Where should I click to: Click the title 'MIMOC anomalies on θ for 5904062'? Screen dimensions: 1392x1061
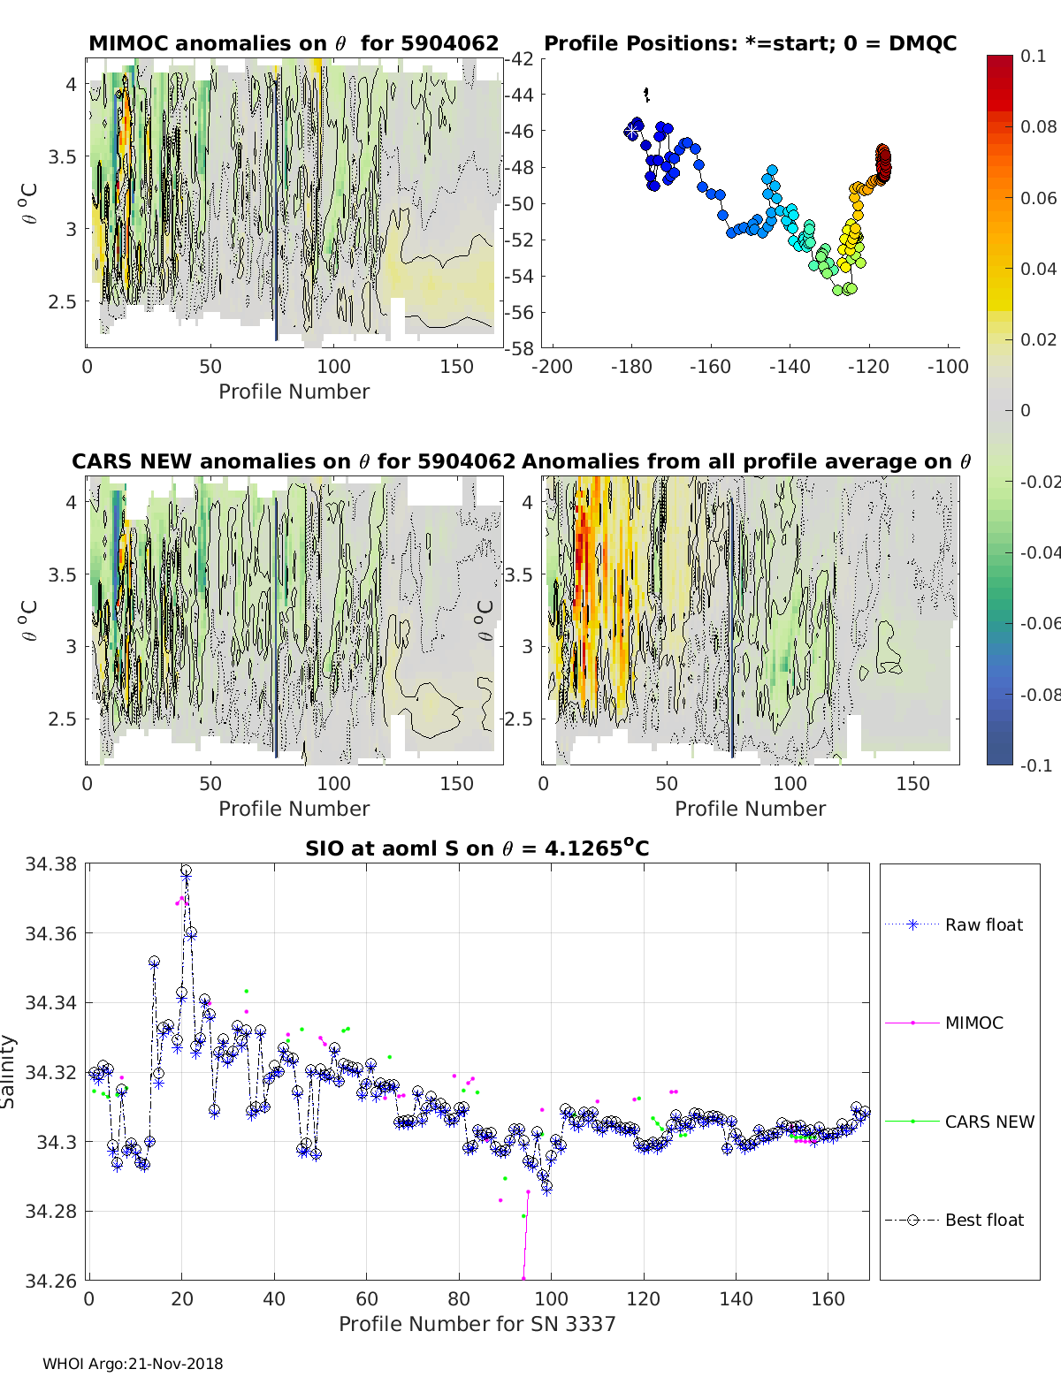pyautogui.click(x=294, y=43)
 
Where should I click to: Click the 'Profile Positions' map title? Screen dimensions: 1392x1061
pyautogui.click(x=750, y=43)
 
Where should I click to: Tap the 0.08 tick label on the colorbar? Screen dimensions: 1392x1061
pyautogui.click(x=1038, y=126)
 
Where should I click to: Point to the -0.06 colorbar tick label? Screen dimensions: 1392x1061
pyautogui.click(x=1040, y=623)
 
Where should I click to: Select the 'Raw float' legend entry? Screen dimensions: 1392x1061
pyautogui.click(x=983, y=924)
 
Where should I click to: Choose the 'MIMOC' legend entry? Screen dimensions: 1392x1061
pyautogui.click(x=973, y=1023)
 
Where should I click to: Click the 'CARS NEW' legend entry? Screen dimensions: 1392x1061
pyautogui.click(x=988, y=1122)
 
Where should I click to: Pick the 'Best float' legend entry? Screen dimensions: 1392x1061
pyautogui.click(x=983, y=1220)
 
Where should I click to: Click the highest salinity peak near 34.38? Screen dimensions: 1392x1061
pyautogui.click(x=186, y=871)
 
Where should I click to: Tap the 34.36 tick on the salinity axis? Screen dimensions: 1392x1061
pyautogui.click(x=52, y=933)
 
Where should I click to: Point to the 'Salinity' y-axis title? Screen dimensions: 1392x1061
pyautogui.click(x=9, y=1071)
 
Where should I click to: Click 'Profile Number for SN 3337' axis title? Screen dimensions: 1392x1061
pyautogui.click(x=477, y=1324)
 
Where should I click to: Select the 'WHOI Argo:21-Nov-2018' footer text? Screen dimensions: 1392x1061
pyautogui.click(x=133, y=1364)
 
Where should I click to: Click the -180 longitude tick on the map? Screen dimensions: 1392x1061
pyautogui.click(x=630, y=367)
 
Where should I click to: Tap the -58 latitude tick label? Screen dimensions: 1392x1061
pyautogui.click(x=520, y=348)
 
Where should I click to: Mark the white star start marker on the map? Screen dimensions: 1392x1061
pyautogui.click(x=631, y=131)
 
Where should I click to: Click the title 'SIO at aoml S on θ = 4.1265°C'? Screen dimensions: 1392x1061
pyautogui.click(x=477, y=848)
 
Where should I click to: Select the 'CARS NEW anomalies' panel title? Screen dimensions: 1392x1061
pyautogui.click(x=293, y=461)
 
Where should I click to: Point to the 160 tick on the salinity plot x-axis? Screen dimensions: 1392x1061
pyautogui.click(x=828, y=1298)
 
